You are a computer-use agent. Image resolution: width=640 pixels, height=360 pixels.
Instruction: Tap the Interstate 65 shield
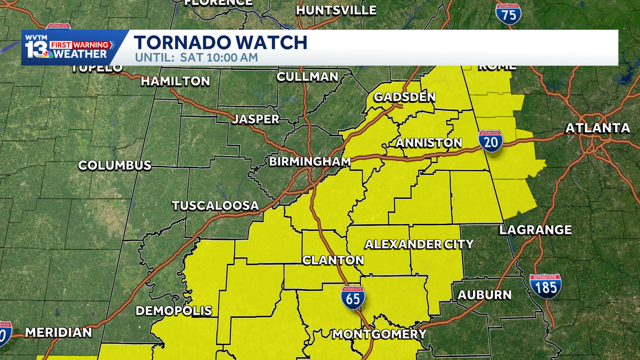click(x=353, y=298)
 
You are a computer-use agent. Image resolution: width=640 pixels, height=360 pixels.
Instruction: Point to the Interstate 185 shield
click(x=546, y=286)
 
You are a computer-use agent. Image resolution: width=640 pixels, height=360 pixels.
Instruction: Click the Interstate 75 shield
click(x=509, y=13)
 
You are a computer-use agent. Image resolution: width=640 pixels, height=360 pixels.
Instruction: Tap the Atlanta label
click(x=598, y=128)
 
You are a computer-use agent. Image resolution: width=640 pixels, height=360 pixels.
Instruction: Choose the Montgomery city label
click(x=379, y=334)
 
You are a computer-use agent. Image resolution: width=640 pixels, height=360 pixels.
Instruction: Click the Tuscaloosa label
click(x=215, y=205)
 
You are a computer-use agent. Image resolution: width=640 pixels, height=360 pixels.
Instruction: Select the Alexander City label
click(x=419, y=244)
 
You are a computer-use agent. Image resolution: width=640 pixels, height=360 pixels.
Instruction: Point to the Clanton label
click(x=333, y=260)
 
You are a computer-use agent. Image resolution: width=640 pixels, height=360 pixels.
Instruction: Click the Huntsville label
click(x=336, y=10)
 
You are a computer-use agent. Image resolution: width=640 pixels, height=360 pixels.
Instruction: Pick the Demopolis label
click(x=174, y=311)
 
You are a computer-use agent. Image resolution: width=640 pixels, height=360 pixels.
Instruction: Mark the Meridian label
click(x=59, y=332)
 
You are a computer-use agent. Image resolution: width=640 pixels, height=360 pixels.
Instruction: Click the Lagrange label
click(x=535, y=230)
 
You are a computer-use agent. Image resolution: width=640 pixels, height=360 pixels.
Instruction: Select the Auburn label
click(x=484, y=294)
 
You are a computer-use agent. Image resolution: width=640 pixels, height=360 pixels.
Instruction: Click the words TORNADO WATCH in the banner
click(x=220, y=43)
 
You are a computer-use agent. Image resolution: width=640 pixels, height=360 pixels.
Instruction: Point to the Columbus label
click(x=115, y=165)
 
